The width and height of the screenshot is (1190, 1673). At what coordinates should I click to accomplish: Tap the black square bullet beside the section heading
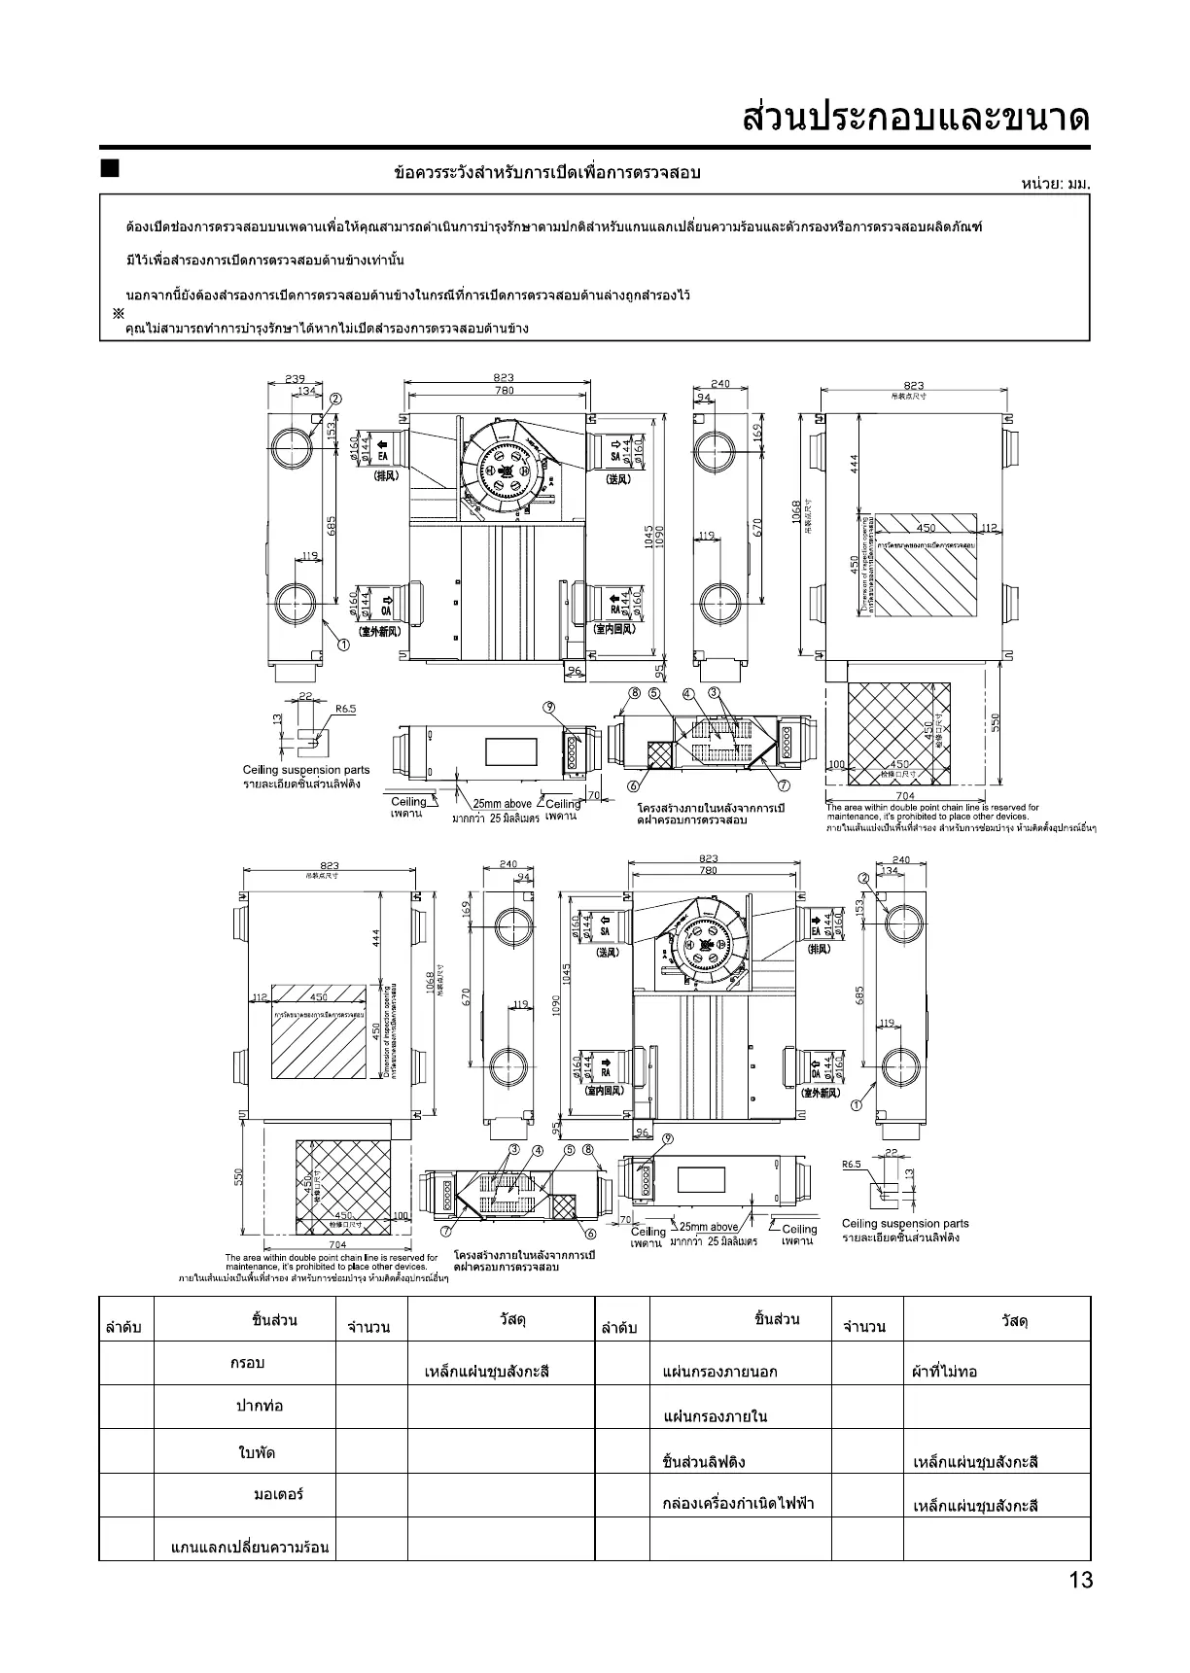pos(109,169)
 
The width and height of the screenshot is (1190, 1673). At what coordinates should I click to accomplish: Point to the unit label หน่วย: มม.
pos(1056,183)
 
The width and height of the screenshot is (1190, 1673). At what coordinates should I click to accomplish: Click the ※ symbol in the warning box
pos(118,313)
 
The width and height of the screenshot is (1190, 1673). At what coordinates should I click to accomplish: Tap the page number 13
pos(1080,1580)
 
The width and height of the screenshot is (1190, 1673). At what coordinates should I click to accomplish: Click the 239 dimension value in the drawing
pos(295,379)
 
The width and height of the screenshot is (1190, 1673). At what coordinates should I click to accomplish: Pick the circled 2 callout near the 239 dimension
pos(335,399)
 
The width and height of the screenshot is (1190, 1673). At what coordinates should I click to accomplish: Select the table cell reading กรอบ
pos(247,1363)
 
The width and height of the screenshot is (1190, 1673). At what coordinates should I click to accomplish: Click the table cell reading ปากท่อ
pos(260,1406)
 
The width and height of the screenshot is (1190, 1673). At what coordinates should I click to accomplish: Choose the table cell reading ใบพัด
pos(257,1452)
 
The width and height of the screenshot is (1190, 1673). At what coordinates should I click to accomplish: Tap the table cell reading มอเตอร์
pos(278,1494)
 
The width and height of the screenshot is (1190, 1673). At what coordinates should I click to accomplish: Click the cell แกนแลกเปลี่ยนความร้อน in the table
pos(250,1546)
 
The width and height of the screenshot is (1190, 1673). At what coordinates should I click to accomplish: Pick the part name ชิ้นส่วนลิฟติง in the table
pos(703,1462)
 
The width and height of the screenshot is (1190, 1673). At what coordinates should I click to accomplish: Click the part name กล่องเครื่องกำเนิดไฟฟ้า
pos(738,1504)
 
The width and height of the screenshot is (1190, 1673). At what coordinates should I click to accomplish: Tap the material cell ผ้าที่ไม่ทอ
pos(944,1372)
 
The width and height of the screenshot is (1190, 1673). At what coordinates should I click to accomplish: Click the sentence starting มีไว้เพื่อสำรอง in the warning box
pos(265,261)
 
